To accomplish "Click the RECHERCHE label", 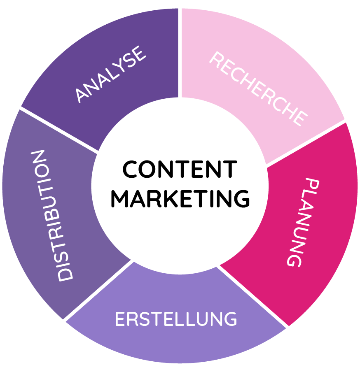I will (259, 88).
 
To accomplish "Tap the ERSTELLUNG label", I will (176, 319).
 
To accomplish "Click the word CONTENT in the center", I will (180, 169).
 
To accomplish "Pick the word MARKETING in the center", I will (180, 199).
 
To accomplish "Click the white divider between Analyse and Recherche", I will (180, 53).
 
